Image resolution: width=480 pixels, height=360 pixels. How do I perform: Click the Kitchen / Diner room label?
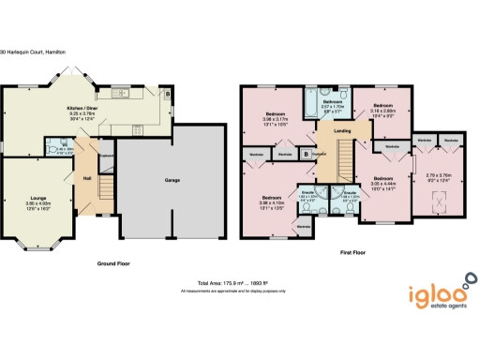pos(85,109)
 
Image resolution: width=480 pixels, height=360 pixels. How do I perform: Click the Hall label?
pos(86,178)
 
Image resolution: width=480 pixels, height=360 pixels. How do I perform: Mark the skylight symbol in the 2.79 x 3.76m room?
pos(437,202)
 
